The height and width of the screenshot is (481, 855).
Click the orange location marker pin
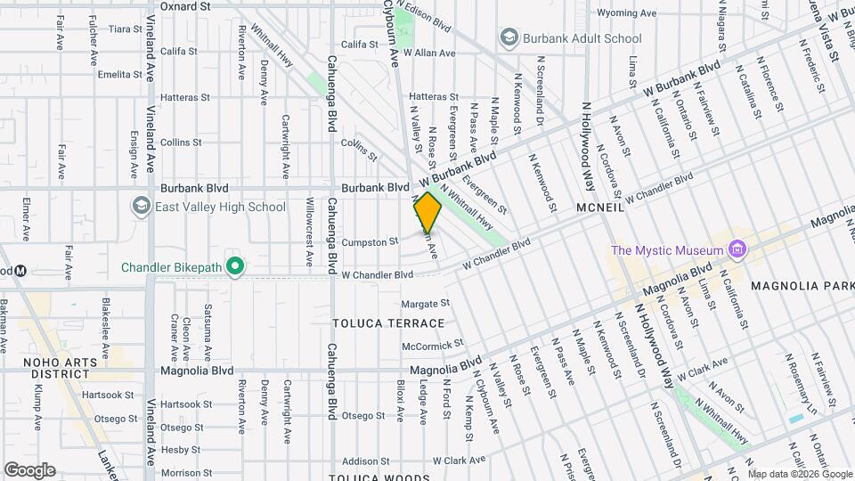[x=427, y=212]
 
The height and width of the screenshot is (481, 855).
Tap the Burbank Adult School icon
[x=509, y=38]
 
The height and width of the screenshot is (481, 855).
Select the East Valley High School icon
[x=141, y=207]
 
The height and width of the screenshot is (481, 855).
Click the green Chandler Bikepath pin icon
[x=234, y=265]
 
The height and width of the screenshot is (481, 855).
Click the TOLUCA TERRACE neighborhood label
[x=387, y=322]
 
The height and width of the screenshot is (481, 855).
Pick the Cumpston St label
[x=368, y=241]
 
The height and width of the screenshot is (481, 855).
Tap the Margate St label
[x=425, y=304]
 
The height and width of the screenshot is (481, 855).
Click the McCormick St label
[x=433, y=343]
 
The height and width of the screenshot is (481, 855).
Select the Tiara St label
[x=125, y=29]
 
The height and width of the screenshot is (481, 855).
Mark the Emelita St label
[x=120, y=75]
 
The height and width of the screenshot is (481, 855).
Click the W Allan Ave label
[x=429, y=53]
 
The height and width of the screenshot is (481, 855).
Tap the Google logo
[x=29, y=469]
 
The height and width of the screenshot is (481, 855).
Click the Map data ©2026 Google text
[x=799, y=473]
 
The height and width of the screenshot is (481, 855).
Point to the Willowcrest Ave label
[x=309, y=232]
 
